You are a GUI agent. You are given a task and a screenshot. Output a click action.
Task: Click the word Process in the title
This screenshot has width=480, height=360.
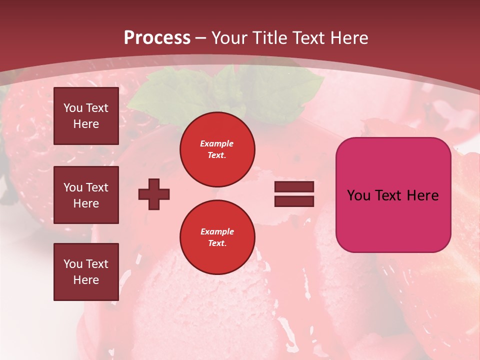pos(157,38)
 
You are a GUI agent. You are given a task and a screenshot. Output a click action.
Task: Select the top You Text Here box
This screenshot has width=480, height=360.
pos(86,116)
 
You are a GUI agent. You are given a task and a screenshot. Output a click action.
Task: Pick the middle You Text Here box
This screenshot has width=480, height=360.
pos(86,195)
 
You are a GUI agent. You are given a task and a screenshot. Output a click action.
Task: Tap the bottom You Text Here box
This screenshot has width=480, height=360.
pos(86,271)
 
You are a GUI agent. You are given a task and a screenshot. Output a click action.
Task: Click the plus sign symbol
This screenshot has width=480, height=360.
pos(154,194)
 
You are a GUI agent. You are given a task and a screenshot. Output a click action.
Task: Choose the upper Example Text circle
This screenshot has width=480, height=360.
pos(217,149)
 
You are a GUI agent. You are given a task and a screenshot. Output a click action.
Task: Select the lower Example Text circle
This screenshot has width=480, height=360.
pos(217,237)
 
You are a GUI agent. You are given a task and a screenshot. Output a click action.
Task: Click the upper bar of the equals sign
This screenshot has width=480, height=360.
pos(294,187)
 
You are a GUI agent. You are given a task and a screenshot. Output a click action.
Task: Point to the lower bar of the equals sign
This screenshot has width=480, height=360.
pos(294,201)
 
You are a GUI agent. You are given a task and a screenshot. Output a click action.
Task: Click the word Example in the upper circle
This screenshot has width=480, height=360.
pos(216,143)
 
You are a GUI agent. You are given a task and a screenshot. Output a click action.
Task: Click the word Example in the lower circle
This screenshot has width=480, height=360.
pos(217,231)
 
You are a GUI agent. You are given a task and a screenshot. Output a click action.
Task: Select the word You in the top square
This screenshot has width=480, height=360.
pos(73,108)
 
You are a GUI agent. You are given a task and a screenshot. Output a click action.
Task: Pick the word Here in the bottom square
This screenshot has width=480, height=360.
pos(86,280)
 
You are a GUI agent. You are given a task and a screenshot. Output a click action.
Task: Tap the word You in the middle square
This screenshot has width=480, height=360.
pos(73,187)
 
